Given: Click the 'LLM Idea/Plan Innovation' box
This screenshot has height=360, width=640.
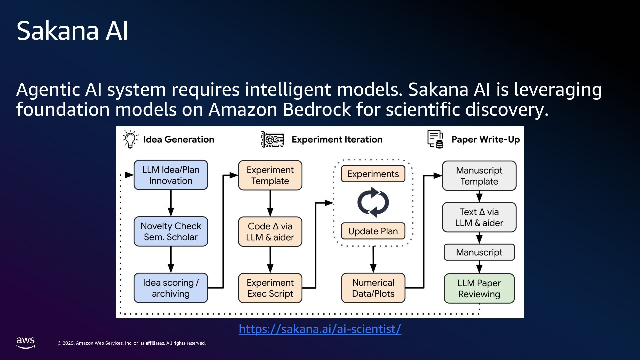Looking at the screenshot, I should pyautogui.click(x=171, y=175).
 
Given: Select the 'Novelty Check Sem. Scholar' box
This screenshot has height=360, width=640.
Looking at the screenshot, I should pyautogui.click(x=171, y=232).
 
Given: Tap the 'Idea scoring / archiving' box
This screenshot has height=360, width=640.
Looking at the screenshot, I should pyautogui.click(x=171, y=288).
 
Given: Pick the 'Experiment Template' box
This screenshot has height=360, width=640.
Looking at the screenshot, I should pyautogui.click(x=270, y=176).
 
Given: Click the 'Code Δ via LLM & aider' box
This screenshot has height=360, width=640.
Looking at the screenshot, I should pyautogui.click(x=270, y=232).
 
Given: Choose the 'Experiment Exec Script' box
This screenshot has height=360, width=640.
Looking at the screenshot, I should pyautogui.click(x=270, y=288).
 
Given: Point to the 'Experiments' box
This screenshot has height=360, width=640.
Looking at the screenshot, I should pyautogui.click(x=373, y=174).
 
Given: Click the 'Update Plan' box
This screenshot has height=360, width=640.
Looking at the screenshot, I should pyautogui.click(x=373, y=231).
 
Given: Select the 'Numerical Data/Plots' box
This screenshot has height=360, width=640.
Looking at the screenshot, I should pyautogui.click(x=373, y=288).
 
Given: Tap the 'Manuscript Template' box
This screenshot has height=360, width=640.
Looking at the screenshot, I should pyautogui.click(x=479, y=176).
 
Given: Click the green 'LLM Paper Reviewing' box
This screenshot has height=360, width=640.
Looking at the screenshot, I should pyautogui.click(x=479, y=289).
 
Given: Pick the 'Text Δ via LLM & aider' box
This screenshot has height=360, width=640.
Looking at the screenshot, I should pyautogui.click(x=479, y=217).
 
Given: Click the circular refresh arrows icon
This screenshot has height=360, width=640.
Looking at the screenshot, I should pyautogui.click(x=373, y=202).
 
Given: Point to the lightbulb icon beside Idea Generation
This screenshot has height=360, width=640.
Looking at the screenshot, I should pyautogui.click(x=130, y=139).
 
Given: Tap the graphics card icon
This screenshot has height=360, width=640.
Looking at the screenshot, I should pyautogui.click(x=273, y=139).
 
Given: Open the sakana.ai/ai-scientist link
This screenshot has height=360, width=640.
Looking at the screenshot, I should pyautogui.click(x=320, y=329).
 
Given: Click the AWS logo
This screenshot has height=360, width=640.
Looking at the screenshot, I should pyautogui.click(x=26, y=343).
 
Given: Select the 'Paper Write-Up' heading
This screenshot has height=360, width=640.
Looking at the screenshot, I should pyautogui.click(x=485, y=140).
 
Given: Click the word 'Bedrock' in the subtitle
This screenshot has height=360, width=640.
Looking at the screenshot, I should pyautogui.click(x=316, y=109).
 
